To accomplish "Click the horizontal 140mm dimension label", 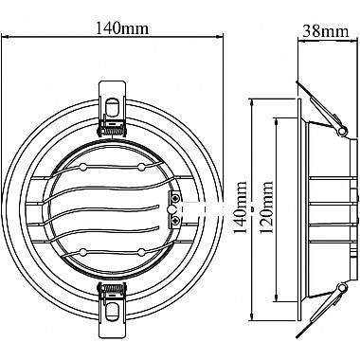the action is tap(122, 28).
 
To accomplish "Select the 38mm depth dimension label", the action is tap(326, 31).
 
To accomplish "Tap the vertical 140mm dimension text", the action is tap(241, 207).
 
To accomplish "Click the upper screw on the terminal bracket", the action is tap(175, 198).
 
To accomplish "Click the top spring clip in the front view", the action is tap(113, 109).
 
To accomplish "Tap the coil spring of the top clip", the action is tap(113, 128).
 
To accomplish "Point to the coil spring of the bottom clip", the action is tap(113, 288).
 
